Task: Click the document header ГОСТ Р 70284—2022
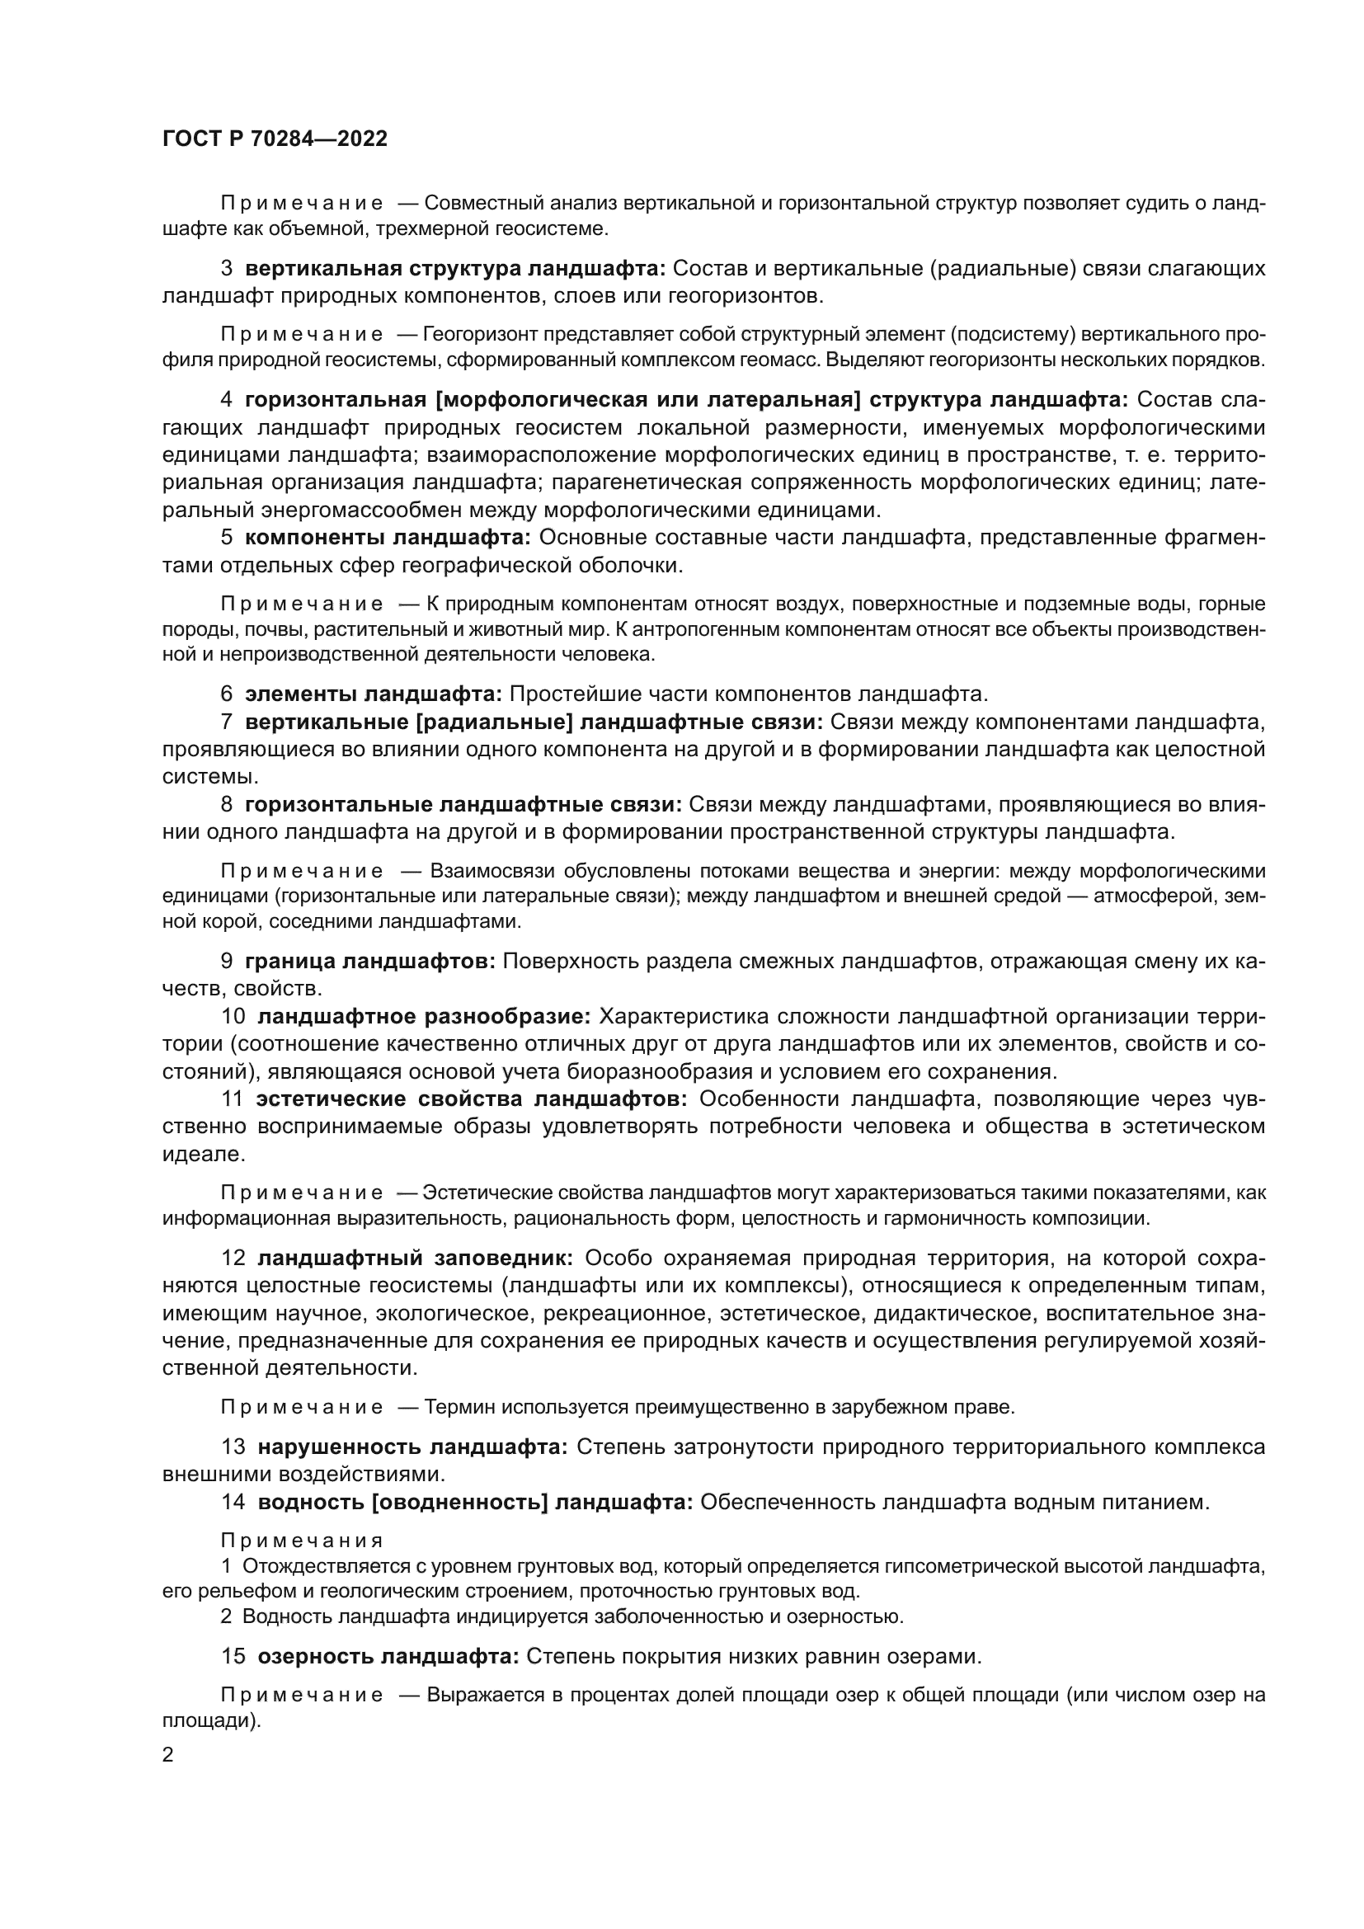(275, 139)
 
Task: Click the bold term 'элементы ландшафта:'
(373, 694)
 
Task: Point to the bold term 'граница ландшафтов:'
(369, 961)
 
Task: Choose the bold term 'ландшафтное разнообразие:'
(423, 1017)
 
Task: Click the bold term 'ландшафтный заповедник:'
(415, 1258)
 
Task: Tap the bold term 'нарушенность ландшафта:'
(412, 1447)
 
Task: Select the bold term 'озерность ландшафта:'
(388, 1656)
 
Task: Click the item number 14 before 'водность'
(233, 1502)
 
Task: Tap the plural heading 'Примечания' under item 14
(302, 1541)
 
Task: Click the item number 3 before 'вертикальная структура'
(226, 269)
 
